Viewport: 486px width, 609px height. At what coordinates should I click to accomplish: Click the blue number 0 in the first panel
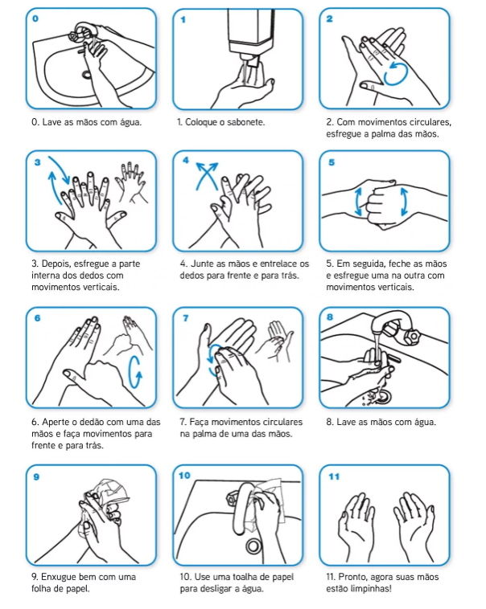click(x=35, y=18)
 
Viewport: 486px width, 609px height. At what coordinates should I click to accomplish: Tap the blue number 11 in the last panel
click(x=334, y=476)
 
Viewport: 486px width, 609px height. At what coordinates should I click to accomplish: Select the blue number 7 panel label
click(x=186, y=318)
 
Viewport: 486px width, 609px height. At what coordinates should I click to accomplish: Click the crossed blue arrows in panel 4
click(x=207, y=176)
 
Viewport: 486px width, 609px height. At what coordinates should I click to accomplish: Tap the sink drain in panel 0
click(x=86, y=74)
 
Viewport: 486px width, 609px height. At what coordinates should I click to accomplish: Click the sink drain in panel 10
click(x=253, y=546)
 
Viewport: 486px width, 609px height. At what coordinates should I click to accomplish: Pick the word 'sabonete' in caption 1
click(x=245, y=122)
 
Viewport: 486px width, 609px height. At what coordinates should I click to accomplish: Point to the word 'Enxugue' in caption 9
click(x=59, y=577)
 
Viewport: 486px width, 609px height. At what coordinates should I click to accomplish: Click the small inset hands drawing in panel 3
click(x=131, y=183)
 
